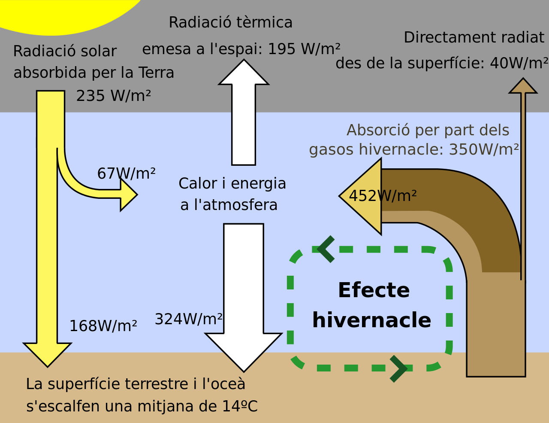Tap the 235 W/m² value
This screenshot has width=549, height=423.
(113, 96)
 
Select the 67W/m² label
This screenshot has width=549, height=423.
(127, 173)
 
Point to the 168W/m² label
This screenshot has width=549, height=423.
(103, 326)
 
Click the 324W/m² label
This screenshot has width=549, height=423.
(188, 319)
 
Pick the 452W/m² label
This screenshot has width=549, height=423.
(383, 196)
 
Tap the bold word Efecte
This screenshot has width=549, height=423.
(374, 290)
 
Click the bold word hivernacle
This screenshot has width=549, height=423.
(371, 320)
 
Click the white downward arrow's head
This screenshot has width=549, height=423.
(244, 352)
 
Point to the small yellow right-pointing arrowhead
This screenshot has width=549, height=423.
(129, 195)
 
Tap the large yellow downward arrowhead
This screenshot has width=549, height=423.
(48, 355)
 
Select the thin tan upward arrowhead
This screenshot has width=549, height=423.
(523, 86)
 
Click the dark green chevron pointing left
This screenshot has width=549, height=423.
(326, 250)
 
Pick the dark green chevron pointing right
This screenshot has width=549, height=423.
(398, 369)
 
